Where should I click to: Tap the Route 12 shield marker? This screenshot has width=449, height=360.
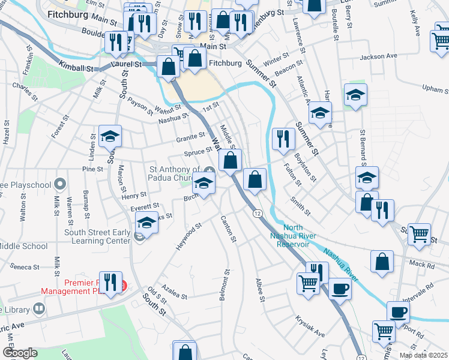coord(256,214)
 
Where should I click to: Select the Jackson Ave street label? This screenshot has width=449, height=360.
coord(378,56)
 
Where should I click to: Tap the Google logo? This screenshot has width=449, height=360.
coord(20,353)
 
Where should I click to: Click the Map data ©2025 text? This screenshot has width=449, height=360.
coord(423,355)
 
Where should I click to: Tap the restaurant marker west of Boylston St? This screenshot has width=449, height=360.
coord(282,139)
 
